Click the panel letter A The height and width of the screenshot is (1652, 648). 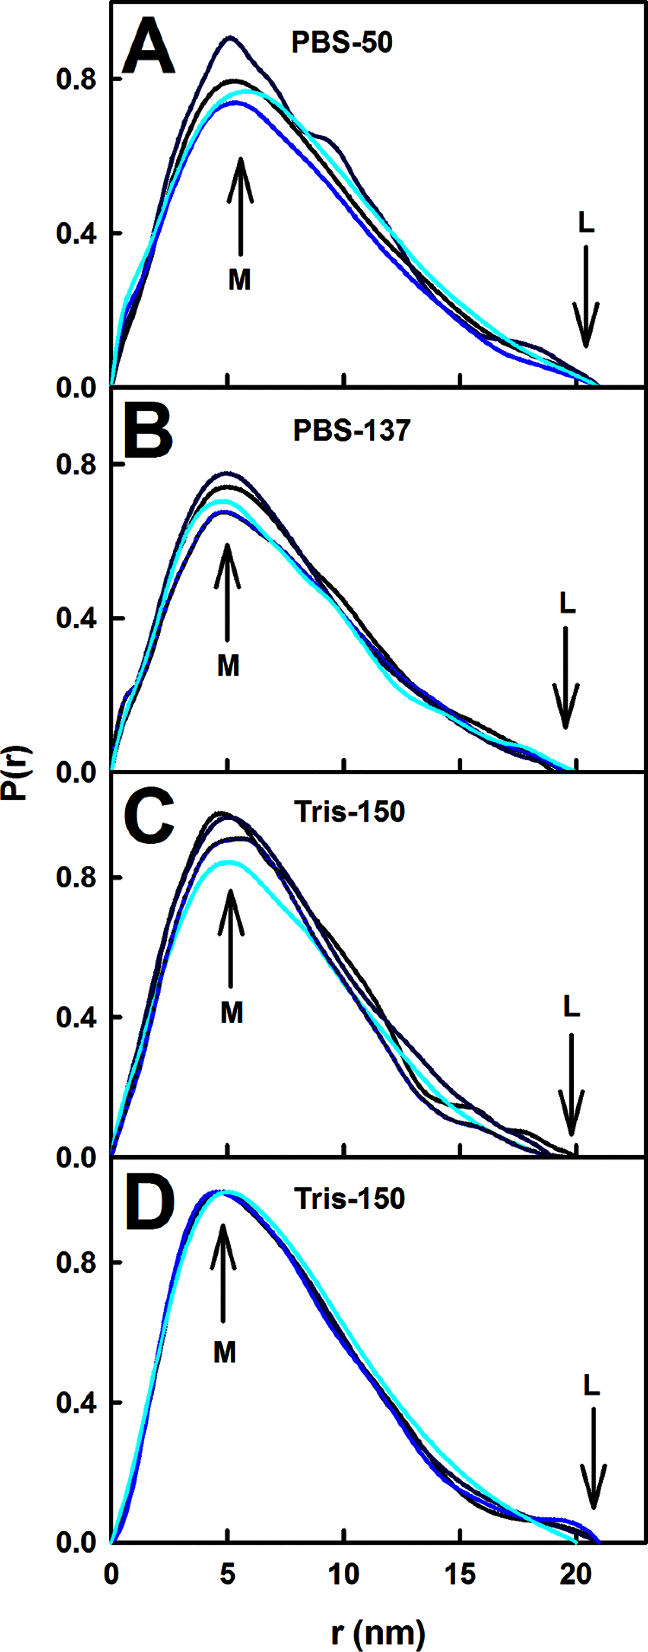coord(148,48)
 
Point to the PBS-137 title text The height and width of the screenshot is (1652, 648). coord(352,430)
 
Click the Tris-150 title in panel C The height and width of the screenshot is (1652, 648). coord(349,812)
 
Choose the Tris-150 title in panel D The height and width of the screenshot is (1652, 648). coord(349,1198)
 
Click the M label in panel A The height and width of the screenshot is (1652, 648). coord(239,280)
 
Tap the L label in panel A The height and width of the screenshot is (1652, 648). coord(586,222)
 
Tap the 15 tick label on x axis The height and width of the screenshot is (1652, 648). coord(460,1574)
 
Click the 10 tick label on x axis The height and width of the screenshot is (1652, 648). coord(344,1574)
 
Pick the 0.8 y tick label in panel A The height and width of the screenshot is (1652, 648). coord(75,79)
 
